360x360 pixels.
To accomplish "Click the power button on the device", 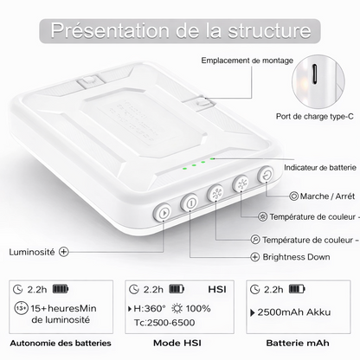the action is (x=267, y=175).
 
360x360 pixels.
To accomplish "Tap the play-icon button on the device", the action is (x=163, y=213).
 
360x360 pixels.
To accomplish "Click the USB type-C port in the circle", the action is (x=315, y=74).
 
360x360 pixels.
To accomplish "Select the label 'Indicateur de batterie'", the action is (x=320, y=168).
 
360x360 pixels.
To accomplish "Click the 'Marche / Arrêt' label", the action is (x=327, y=196).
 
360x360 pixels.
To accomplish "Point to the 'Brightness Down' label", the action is (x=296, y=257).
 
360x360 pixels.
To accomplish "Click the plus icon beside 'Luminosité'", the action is (x=63, y=252).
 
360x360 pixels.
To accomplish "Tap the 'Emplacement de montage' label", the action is (x=247, y=61).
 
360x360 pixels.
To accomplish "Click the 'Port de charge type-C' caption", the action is (x=314, y=117).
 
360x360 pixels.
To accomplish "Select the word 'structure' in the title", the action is (x=269, y=30).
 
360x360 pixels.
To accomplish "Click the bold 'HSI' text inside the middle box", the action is (x=217, y=289).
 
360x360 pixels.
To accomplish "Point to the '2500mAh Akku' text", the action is (x=293, y=312).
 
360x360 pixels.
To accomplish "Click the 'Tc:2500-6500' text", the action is (x=164, y=323).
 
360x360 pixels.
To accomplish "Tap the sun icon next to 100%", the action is (x=177, y=308).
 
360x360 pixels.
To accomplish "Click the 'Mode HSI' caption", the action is (x=177, y=343).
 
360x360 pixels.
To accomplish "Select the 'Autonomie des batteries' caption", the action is (x=61, y=344).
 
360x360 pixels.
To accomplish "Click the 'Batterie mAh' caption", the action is (x=298, y=343).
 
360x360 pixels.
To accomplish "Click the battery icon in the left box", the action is (x=61, y=289).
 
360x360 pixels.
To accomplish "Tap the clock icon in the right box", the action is (x=254, y=289).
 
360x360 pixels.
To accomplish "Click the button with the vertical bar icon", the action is (x=190, y=203).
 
